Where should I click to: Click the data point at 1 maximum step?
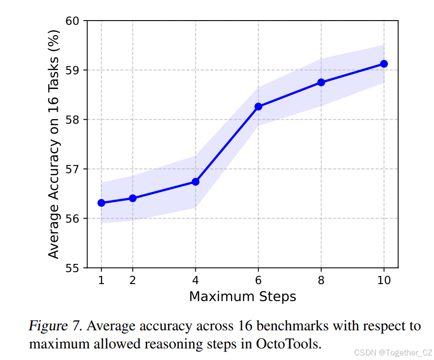(101, 203)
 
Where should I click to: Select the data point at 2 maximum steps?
(133, 198)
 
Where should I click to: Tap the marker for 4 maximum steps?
(195, 182)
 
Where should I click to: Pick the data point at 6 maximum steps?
(258, 107)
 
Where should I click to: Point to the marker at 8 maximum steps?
(321, 82)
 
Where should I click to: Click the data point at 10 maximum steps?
(384, 64)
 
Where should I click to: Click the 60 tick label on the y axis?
(73, 21)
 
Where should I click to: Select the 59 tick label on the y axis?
(73, 70)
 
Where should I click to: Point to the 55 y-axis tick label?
(73, 268)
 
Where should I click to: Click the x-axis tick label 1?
(101, 281)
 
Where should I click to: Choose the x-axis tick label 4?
(195, 281)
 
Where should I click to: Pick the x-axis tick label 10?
(384, 281)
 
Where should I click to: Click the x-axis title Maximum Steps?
(242, 297)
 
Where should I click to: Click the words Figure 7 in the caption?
(56, 326)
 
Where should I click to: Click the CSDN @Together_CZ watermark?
(392, 353)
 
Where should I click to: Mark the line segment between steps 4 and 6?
(227, 144)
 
